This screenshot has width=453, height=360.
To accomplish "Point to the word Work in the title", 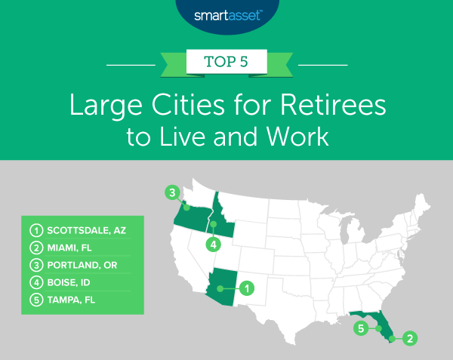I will click(279, 137).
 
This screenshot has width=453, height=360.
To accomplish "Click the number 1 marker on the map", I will click(247, 287).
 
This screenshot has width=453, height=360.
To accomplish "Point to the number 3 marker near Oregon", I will click(172, 193).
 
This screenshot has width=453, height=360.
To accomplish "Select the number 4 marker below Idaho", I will click(214, 245).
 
